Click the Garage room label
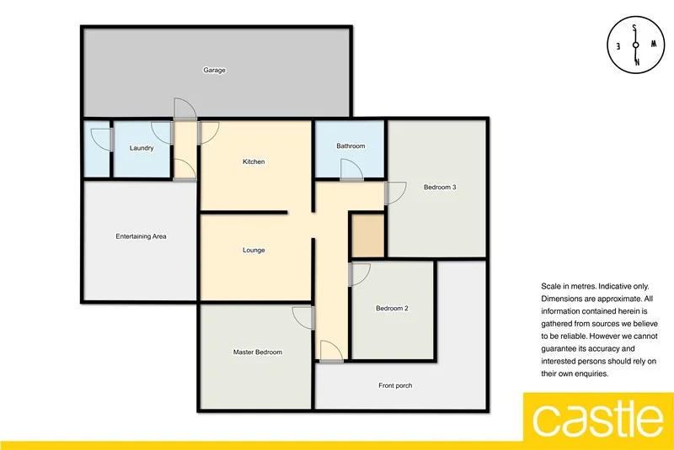coord(214,71)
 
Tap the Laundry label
coord(142,149)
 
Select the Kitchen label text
coord(254,161)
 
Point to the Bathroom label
coord(350,146)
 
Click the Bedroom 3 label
coord(439,187)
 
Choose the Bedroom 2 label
coord(392,309)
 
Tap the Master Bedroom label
coord(257,352)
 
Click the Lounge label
coord(254,250)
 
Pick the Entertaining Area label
coord(141,236)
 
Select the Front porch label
coord(395,386)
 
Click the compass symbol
coord(636,45)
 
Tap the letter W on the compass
coord(654,45)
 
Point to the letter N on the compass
coord(636,63)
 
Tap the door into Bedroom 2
coord(359,275)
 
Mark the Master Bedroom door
coord(303,319)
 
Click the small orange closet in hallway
coord(367,236)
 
